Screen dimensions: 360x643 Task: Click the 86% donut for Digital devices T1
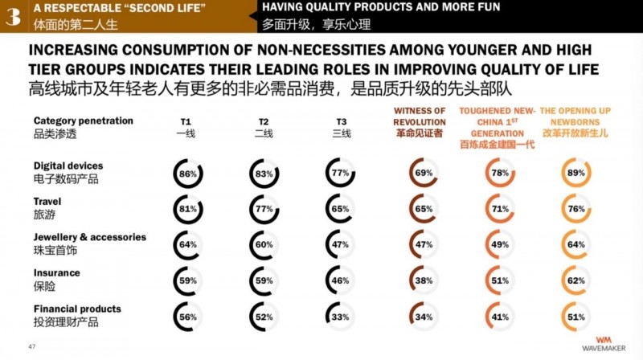click(188, 173)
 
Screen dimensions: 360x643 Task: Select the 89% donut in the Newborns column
click(575, 173)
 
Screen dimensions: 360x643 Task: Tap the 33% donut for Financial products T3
click(342, 317)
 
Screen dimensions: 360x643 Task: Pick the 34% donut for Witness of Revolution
click(423, 317)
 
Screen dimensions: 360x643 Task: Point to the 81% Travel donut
click(188, 209)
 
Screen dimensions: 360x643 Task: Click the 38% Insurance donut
click(423, 281)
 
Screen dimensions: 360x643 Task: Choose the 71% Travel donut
click(501, 209)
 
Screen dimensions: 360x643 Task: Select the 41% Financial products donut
click(501, 317)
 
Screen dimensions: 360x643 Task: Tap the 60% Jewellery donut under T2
click(264, 245)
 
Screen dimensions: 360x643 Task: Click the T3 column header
click(342, 128)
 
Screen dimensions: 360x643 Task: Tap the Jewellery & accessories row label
click(90, 243)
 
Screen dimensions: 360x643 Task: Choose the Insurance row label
click(57, 279)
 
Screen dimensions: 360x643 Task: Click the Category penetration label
click(84, 127)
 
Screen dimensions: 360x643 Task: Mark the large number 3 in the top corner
click(13, 15)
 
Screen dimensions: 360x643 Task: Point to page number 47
click(32, 346)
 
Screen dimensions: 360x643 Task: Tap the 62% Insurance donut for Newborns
click(575, 281)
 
